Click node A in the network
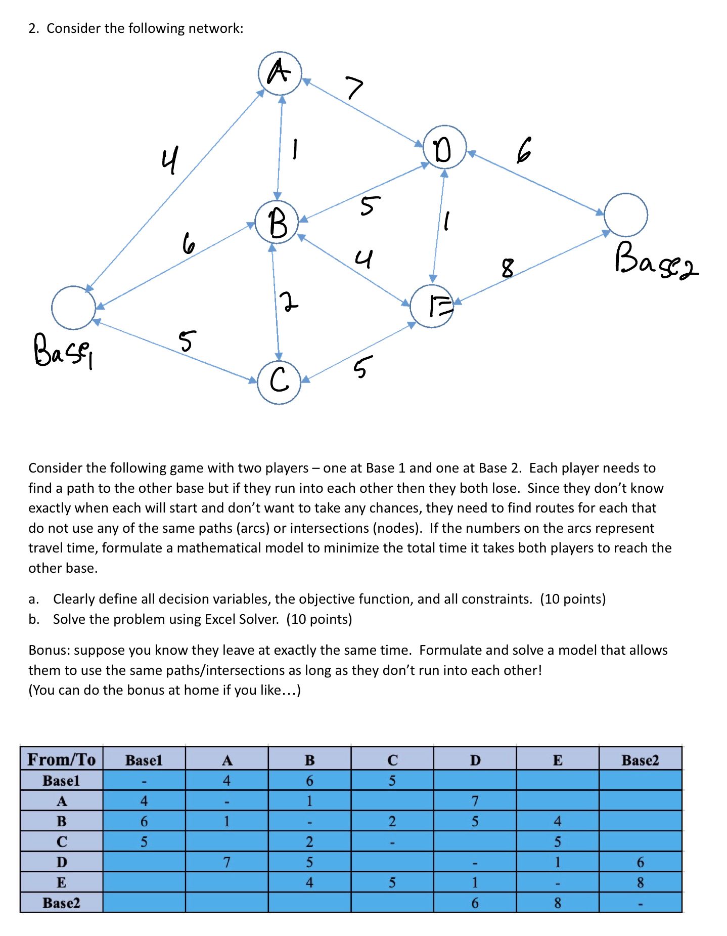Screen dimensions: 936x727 (280, 73)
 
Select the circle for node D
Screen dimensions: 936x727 (444, 147)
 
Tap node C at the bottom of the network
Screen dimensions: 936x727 (279, 382)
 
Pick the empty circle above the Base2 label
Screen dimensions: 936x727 (625, 215)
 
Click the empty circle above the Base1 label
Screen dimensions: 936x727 (73, 308)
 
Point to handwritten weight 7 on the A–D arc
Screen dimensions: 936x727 (354, 88)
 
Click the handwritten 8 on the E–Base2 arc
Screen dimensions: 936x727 (507, 268)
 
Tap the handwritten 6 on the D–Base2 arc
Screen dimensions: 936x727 (524, 150)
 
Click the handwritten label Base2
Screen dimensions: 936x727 (656, 260)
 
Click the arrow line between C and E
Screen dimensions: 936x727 (358, 352)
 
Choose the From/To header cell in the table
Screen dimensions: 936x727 (61, 759)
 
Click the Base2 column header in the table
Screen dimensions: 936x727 (640, 760)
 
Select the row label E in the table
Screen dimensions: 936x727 (61, 882)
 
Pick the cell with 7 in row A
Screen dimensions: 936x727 (475, 801)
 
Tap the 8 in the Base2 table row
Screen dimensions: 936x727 (557, 903)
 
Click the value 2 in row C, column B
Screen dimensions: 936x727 (309, 841)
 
